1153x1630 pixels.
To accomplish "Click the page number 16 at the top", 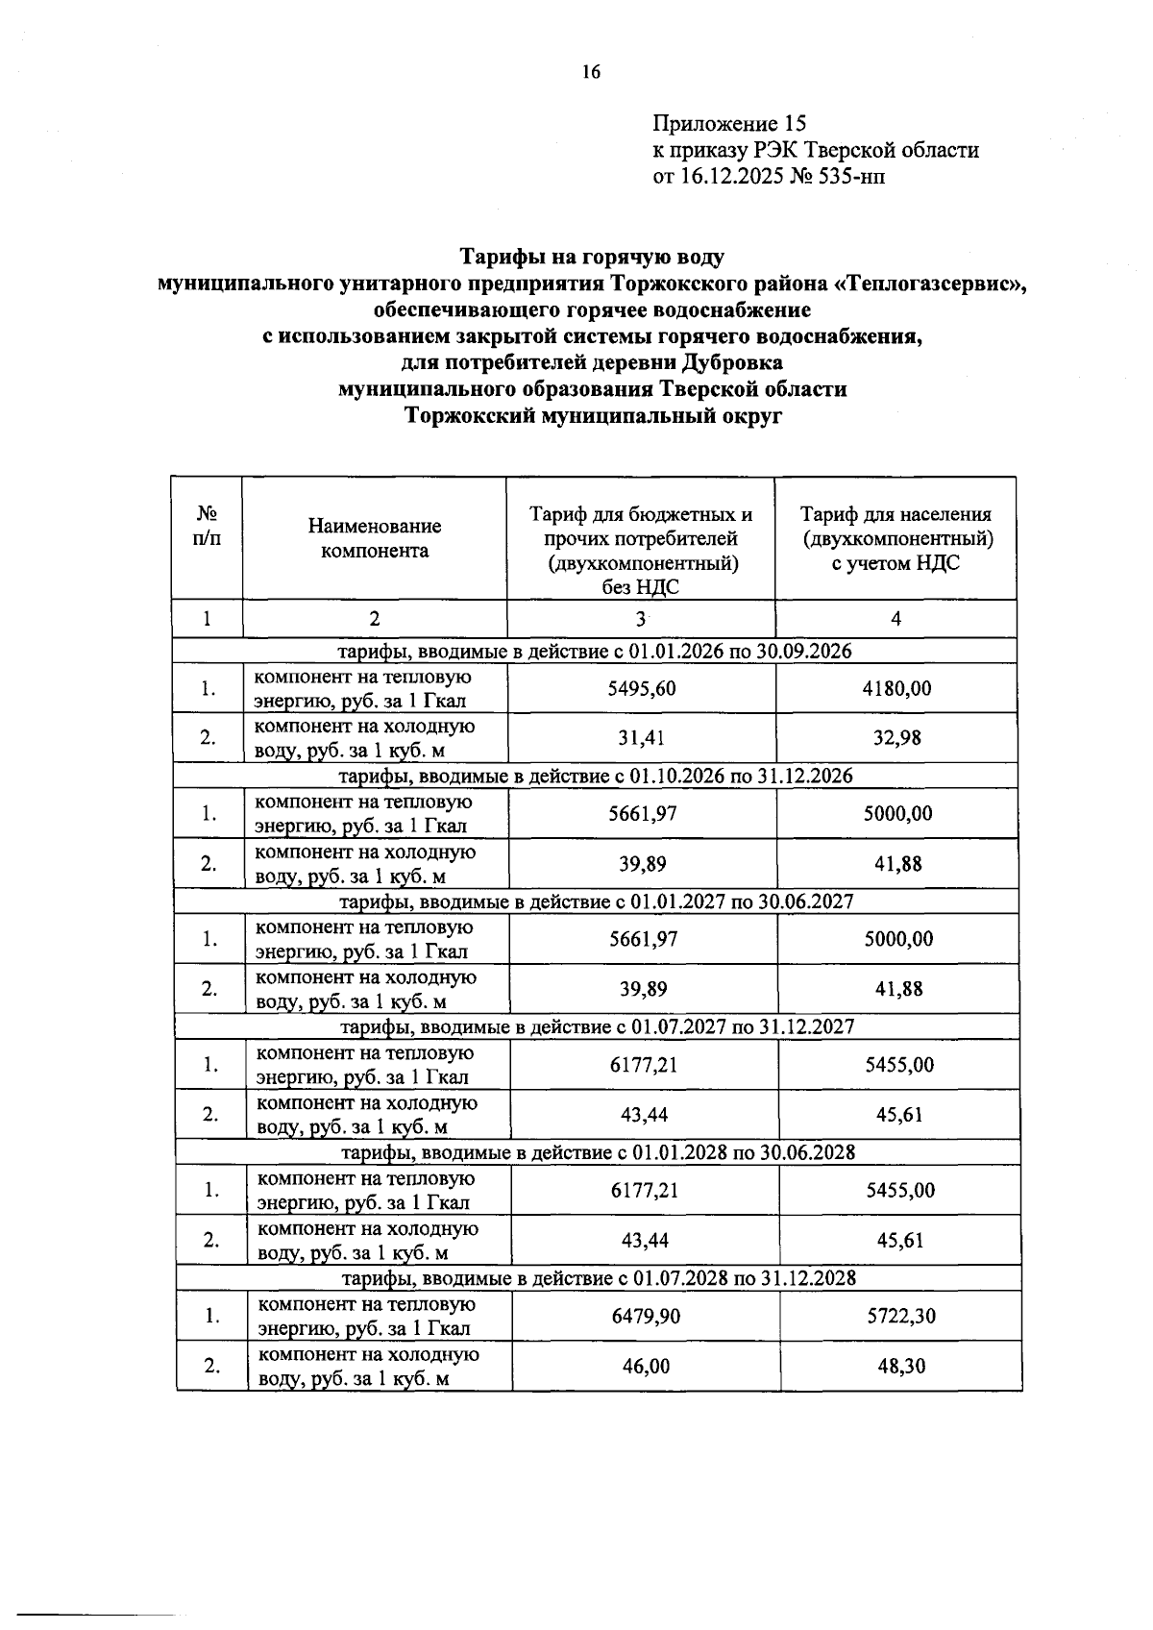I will click(590, 72).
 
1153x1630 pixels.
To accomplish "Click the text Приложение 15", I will click(729, 124).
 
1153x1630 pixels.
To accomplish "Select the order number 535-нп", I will click(844, 177).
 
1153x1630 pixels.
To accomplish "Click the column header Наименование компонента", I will click(375, 538).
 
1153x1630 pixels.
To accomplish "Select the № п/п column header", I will click(207, 527).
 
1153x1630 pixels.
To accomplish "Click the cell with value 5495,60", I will click(642, 688).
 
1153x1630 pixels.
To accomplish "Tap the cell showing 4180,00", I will click(897, 688).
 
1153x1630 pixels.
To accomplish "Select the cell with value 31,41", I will click(642, 738).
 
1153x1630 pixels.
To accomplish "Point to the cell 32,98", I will click(897, 738).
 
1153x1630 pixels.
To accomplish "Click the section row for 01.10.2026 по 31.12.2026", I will click(597, 776).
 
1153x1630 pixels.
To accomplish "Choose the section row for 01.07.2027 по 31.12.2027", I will click(599, 1026).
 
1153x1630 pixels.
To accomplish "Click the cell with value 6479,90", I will click(646, 1316).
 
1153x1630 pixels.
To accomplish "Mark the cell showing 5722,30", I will click(901, 1316).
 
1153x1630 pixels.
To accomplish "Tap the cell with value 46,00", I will click(646, 1366).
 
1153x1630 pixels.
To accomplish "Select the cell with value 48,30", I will click(901, 1366).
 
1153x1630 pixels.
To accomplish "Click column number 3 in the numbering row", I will click(641, 620).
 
